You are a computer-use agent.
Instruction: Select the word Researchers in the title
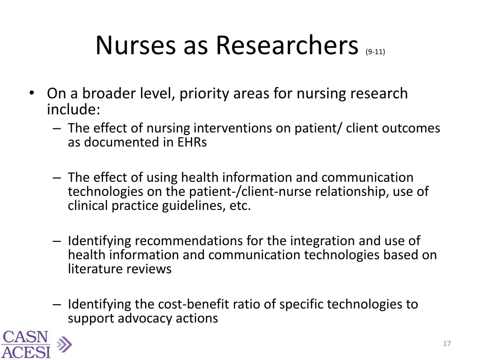pos(287,46)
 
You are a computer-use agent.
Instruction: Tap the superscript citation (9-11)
pos(375,52)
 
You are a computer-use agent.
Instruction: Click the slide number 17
pos(447,344)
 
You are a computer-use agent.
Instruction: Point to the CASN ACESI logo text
pos(26,345)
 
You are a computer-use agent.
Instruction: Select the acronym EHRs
pos(191,142)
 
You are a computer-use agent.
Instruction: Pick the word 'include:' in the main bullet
pos(73,110)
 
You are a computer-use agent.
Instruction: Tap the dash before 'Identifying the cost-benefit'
pos(57,305)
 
